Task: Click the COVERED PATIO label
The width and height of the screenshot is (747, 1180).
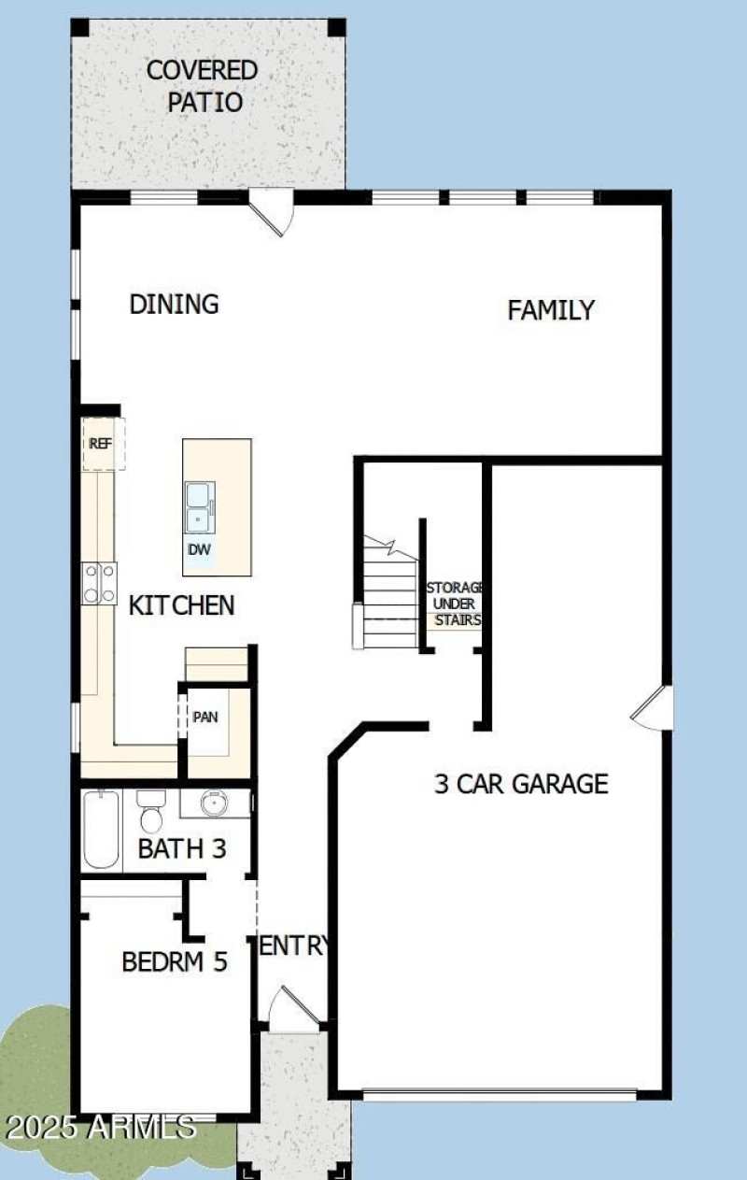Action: click(202, 86)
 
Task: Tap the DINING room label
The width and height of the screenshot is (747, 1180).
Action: click(174, 305)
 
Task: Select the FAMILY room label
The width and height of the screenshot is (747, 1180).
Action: click(551, 310)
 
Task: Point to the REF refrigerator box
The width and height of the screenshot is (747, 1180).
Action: click(100, 444)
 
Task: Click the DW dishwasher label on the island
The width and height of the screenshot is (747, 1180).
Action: click(199, 550)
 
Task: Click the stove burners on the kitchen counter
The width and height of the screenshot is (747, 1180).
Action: click(99, 584)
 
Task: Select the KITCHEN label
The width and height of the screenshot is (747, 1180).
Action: click(181, 605)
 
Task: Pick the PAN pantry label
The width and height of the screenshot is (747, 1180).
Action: click(204, 718)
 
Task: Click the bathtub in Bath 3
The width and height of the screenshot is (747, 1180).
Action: click(100, 829)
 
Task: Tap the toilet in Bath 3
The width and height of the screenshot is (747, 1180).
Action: click(150, 811)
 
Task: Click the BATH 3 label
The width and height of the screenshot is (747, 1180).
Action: click(182, 849)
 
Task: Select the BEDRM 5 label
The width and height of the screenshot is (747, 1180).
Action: click(175, 961)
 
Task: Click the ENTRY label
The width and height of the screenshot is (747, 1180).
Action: click(293, 945)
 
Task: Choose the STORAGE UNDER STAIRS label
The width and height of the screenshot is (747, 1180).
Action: click(454, 604)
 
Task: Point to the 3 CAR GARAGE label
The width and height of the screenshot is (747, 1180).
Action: click(521, 783)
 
